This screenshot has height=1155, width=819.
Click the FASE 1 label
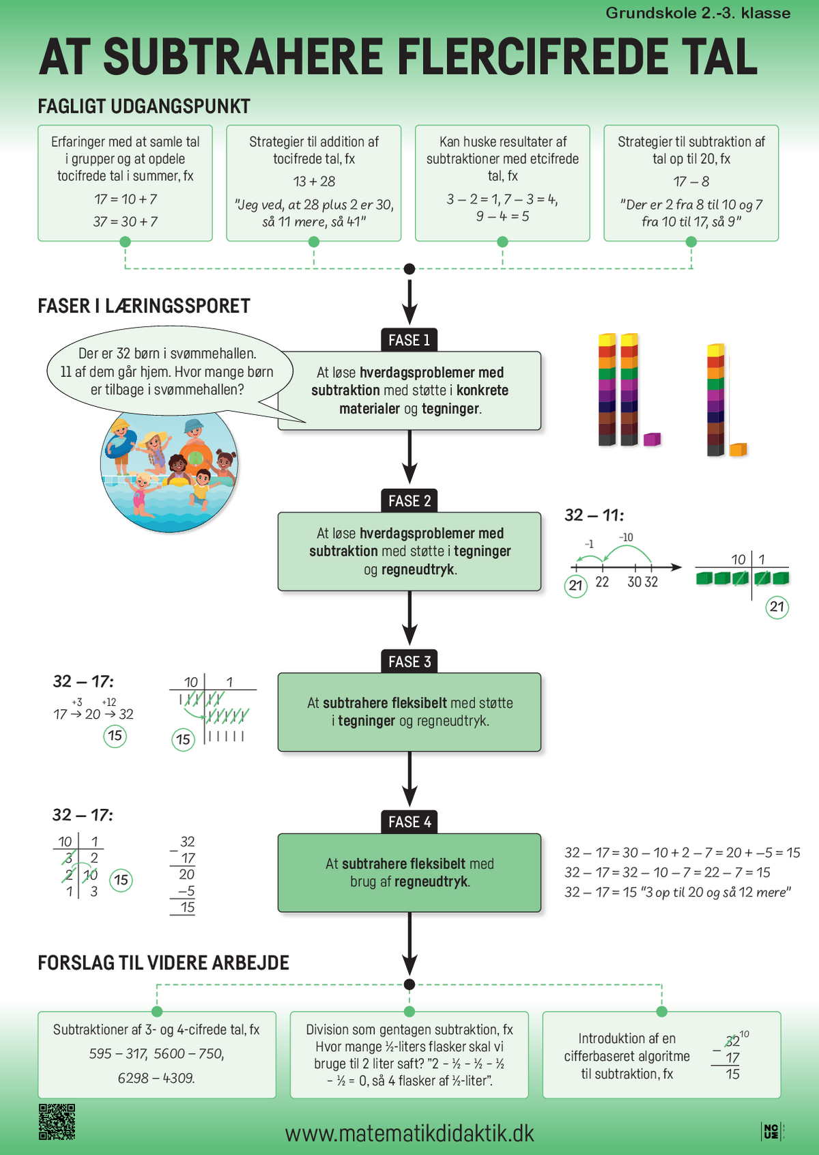409,341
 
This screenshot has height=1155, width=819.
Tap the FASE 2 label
409,500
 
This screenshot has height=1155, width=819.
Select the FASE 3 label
409,661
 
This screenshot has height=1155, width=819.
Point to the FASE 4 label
409,822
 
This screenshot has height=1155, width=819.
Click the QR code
57,1122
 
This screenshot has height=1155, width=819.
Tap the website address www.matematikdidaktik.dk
409,1133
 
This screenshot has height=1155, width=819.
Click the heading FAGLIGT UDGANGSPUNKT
144,106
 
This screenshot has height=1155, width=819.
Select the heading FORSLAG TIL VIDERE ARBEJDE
163,962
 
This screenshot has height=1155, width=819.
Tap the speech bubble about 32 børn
169,371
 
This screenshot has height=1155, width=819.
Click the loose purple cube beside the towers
652,440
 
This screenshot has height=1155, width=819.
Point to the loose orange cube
738,450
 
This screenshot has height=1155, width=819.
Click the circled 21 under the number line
576,586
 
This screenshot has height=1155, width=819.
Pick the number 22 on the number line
602,582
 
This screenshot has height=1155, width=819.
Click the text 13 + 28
314,182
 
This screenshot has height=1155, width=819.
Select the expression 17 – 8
691,182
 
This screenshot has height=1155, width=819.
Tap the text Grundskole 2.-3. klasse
698,13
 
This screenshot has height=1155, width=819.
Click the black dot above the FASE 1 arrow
409,269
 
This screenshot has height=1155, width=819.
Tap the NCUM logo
773,1131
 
